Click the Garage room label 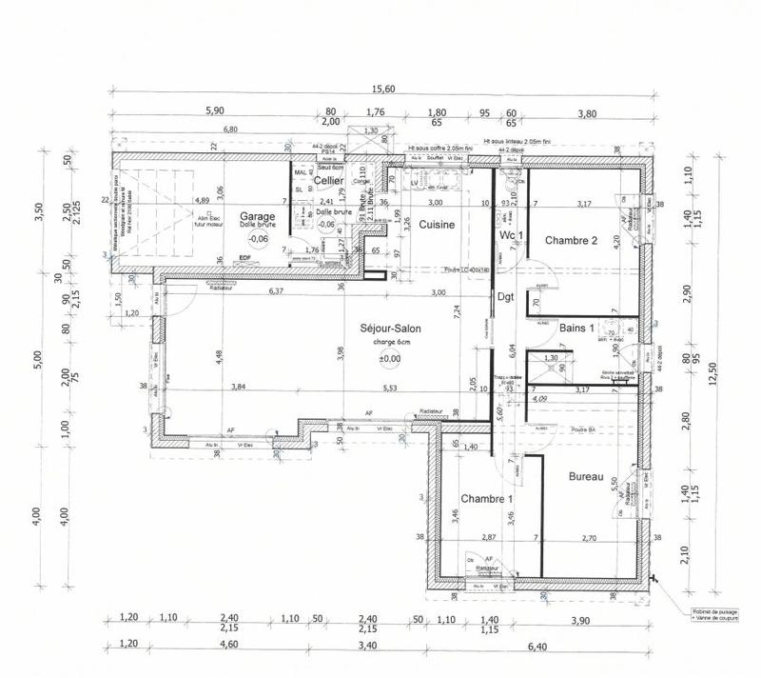[x=257, y=216]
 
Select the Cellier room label [x=328, y=180]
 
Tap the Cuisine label [x=437, y=225]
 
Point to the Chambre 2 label [x=571, y=240]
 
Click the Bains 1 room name [x=576, y=328]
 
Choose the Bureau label [x=587, y=476]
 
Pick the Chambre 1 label [x=486, y=499]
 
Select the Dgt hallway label [x=505, y=296]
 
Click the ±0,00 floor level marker [x=390, y=358]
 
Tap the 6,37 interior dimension [x=277, y=291]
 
